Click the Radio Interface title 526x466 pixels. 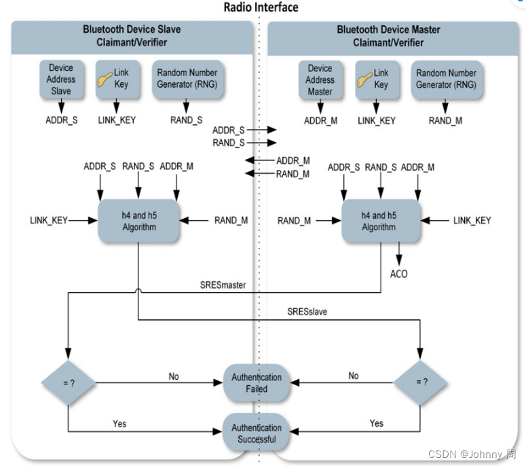coord(261,7)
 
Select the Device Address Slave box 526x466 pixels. coord(61,79)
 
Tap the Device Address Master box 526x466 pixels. coord(319,79)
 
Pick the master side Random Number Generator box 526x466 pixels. coord(446,79)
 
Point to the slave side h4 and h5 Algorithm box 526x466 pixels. coord(138,220)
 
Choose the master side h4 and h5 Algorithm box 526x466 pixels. coord(379,220)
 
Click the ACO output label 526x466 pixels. coord(399,273)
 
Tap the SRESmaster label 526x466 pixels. coord(223,285)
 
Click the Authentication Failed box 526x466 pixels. coord(257,383)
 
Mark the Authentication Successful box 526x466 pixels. coord(257,433)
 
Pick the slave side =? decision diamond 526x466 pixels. coord(69,382)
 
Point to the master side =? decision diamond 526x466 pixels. coord(421,382)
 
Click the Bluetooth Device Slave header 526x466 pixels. coord(132,36)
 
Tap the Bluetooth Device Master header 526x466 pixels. coord(388,36)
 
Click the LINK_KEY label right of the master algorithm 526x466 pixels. coord(472,220)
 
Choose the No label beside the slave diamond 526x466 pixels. coord(174,376)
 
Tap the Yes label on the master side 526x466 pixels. coord(376,423)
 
